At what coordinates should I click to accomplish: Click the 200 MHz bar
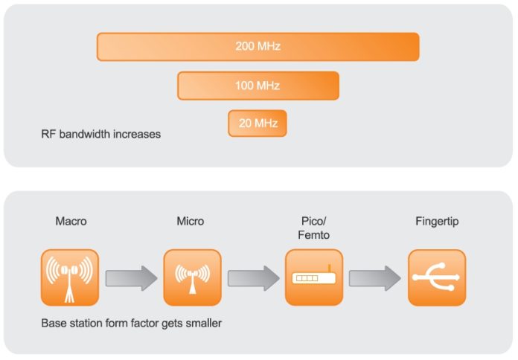point(258,47)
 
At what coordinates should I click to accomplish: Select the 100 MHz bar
point(258,86)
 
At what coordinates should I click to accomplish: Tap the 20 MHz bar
point(258,123)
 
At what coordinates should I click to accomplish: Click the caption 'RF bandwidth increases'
point(100,134)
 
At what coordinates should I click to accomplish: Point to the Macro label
point(71,221)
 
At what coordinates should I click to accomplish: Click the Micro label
point(191,221)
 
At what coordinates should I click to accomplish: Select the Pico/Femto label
point(313,228)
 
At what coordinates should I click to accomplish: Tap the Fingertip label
point(437,222)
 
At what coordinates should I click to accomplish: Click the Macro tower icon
point(70,277)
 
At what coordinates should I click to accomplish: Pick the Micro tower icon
point(192,277)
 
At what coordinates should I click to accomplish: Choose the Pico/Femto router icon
point(314,277)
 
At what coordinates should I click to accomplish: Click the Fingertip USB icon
point(437,277)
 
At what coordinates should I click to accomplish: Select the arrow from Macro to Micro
point(131,278)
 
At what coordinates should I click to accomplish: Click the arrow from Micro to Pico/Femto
point(253,278)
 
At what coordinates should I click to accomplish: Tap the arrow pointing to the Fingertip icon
point(375,278)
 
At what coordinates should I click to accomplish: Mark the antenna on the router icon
point(329,269)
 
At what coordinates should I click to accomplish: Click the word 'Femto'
point(313,235)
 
